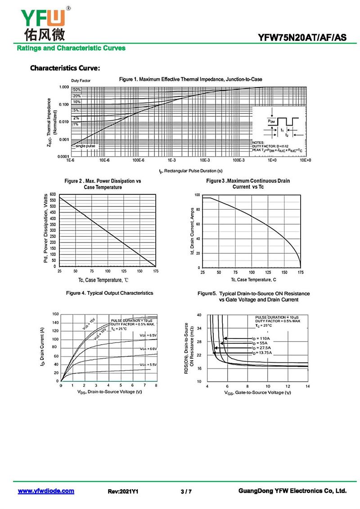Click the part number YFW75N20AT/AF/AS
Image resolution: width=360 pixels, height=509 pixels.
tap(302, 38)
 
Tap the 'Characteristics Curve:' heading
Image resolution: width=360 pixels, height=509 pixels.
tap(65, 68)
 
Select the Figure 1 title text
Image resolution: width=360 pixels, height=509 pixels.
tap(190, 79)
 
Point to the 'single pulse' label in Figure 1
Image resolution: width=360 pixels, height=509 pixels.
tap(85, 146)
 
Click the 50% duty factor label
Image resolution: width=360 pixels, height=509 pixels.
tap(76, 90)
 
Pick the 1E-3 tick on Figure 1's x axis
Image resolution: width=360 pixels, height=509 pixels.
tap(171, 160)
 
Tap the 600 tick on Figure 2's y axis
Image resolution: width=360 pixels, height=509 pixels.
tap(53, 194)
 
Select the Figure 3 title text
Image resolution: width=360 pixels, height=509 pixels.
tap(248, 184)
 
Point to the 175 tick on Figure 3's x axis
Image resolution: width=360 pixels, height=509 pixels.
tap(300, 273)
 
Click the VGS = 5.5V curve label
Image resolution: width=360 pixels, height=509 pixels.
tap(148, 365)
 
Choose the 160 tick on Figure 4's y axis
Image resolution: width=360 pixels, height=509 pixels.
tap(55, 314)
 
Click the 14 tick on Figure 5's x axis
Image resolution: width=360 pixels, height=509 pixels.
tap(307, 387)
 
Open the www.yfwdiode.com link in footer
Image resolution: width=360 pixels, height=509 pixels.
tap(46, 491)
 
